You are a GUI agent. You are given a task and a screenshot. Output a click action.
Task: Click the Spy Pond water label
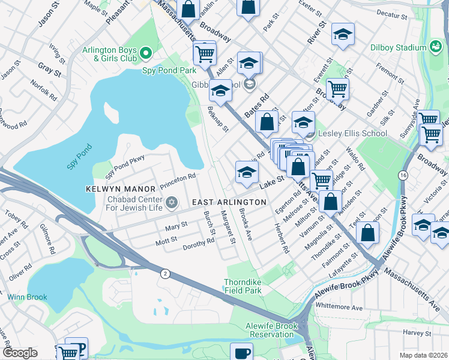[x=79, y=157]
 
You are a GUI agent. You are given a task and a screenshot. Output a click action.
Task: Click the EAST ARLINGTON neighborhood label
[x=228, y=203]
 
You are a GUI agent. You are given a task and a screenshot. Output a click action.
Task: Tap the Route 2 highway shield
[x=164, y=274]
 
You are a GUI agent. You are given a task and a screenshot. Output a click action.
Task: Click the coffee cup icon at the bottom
[x=242, y=353]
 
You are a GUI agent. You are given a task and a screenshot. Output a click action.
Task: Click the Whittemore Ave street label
[x=339, y=307]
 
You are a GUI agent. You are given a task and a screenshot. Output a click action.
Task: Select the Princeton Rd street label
[x=178, y=177]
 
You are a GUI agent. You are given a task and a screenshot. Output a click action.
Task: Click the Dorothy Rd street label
[x=199, y=242]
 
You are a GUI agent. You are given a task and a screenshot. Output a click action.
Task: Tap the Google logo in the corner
[x=20, y=352]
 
